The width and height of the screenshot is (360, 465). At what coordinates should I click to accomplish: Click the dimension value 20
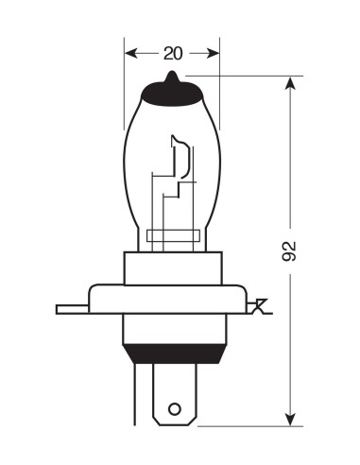pyautogui.click(x=172, y=53)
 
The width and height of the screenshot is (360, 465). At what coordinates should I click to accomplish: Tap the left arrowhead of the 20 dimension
pyautogui.click(x=130, y=53)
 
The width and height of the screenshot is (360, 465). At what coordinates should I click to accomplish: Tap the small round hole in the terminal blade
pyautogui.click(x=173, y=408)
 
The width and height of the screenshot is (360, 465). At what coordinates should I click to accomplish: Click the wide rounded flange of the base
pyautogui.click(x=171, y=299)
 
